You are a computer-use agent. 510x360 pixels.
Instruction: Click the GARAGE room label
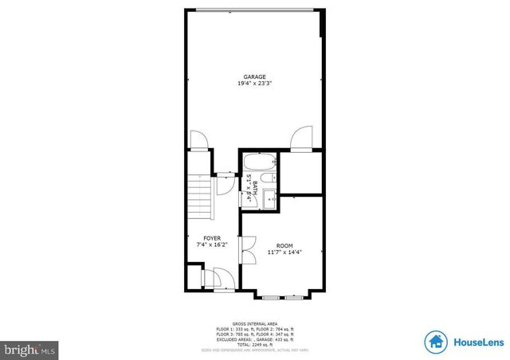[254, 76]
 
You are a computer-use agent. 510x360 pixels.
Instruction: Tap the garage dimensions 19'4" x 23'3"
[254, 84]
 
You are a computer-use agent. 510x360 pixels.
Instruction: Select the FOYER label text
[211, 238]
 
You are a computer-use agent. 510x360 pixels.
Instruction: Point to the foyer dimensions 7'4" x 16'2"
[211, 245]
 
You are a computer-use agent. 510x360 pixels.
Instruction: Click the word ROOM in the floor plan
[284, 245]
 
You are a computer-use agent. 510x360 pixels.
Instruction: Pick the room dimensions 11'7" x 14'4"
[284, 252]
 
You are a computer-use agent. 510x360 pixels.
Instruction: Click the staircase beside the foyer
[199, 199]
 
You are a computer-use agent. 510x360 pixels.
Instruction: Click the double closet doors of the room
[245, 259]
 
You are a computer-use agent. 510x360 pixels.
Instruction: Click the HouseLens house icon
[435, 342]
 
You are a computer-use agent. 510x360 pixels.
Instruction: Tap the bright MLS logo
[29, 349]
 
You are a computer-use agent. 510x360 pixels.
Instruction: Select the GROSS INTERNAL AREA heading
[255, 323]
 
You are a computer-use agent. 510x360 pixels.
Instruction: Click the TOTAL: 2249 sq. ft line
[255, 342]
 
